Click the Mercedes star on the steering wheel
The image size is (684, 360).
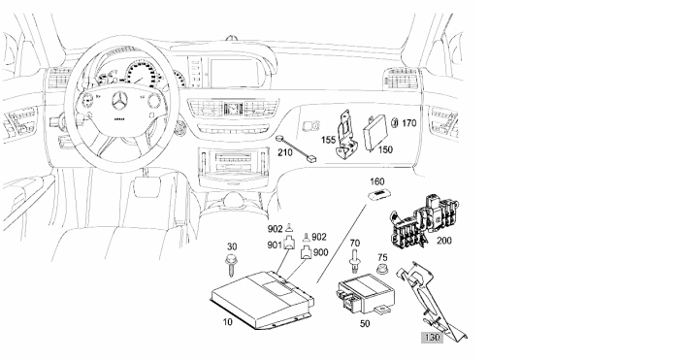click(x=119, y=102)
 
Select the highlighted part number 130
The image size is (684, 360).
click(x=432, y=338)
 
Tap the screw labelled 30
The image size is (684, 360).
click(x=231, y=266)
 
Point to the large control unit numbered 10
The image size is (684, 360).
click(x=263, y=299)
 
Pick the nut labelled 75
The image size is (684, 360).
click(x=382, y=269)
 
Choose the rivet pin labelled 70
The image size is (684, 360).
click(x=354, y=262)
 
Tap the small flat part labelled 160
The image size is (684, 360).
click(x=377, y=195)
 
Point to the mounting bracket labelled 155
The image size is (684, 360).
click(x=346, y=134)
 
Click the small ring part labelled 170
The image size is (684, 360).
click(x=395, y=123)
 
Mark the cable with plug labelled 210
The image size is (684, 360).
click(x=295, y=149)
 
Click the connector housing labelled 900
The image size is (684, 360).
click(x=308, y=253)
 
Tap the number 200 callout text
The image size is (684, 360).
click(x=444, y=241)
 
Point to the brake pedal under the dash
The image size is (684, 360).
click(x=147, y=186)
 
